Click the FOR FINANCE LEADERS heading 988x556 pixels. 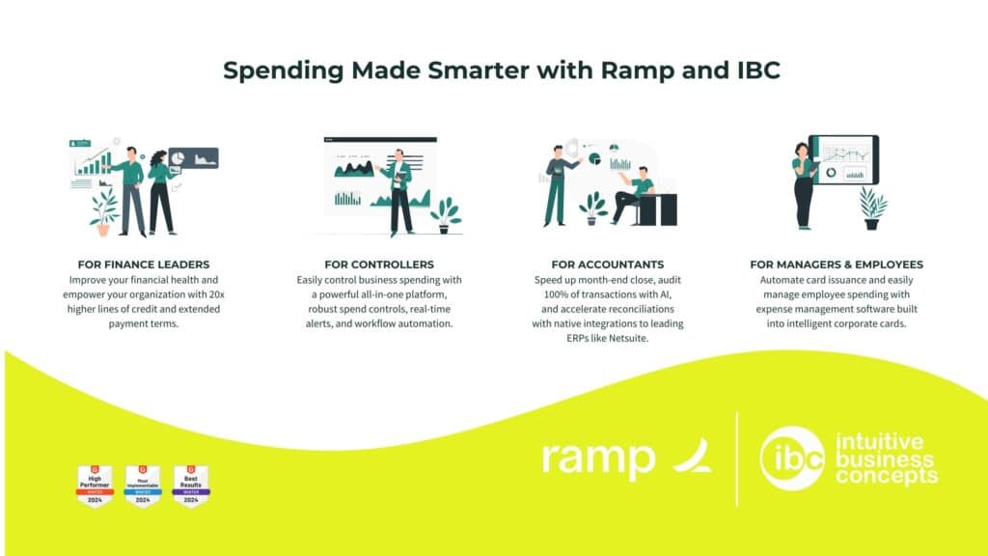point(143,264)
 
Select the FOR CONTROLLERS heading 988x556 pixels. point(379,264)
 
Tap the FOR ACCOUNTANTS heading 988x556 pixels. point(608,264)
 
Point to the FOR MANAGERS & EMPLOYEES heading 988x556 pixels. point(837,264)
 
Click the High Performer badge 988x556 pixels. point(95,486)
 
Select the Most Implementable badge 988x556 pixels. point(143,486)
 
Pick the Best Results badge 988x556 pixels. point(191,486)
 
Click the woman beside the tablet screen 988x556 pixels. point(803,183)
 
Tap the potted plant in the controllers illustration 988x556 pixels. point(446,212)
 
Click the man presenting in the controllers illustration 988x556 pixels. point(398,193)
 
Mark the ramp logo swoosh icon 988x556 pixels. point(693,456)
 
